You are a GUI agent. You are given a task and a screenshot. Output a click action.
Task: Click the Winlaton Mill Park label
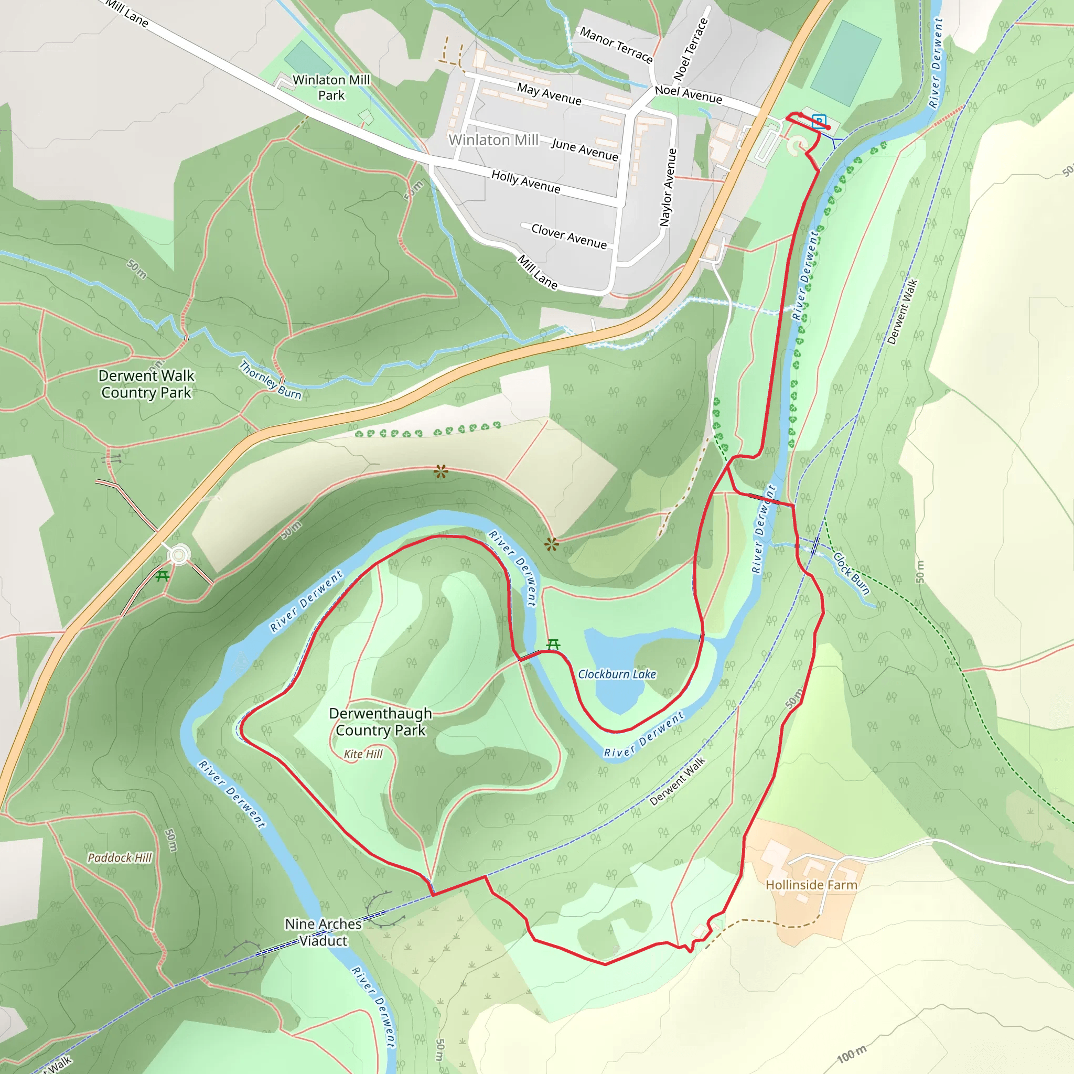[x=331, y=87]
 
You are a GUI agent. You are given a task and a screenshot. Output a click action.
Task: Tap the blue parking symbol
[x=818, y=121]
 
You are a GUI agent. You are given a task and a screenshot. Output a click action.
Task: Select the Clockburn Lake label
[x=617, y=674]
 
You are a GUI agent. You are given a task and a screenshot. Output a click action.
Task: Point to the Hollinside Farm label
[x=811, y=885]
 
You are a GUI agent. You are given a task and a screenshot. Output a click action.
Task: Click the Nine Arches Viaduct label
[x=323, y=932]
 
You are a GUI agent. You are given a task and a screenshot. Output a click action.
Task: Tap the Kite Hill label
[x=363, y=754]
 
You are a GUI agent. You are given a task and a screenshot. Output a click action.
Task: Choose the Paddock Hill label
[x=120, y=858]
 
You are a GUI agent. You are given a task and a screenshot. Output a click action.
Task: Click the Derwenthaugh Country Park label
[x=380, y=722]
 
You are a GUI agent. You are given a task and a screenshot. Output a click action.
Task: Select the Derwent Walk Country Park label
[x=146, y=384]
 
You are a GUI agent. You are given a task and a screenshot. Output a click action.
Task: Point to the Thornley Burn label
[x=270, y=380]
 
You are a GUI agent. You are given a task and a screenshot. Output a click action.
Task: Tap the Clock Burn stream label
[x=851, y=573]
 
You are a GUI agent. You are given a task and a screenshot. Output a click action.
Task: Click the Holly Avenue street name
[x=526, y=182]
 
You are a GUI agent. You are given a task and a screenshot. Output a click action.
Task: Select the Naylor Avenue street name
[x=668, y=187]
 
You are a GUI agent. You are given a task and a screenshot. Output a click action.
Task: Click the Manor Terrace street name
[x=616, y=45]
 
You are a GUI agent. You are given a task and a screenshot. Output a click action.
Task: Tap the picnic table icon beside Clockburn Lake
[x=553, y=645]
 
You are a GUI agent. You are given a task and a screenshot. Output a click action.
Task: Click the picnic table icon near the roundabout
[x=163, y=576]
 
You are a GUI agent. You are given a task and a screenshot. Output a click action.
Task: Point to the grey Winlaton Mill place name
[x=493, y=139]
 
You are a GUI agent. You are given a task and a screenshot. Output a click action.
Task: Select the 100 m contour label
[x=852, y=1054]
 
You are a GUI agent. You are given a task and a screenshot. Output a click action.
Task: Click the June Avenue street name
[x=584, y=150]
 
